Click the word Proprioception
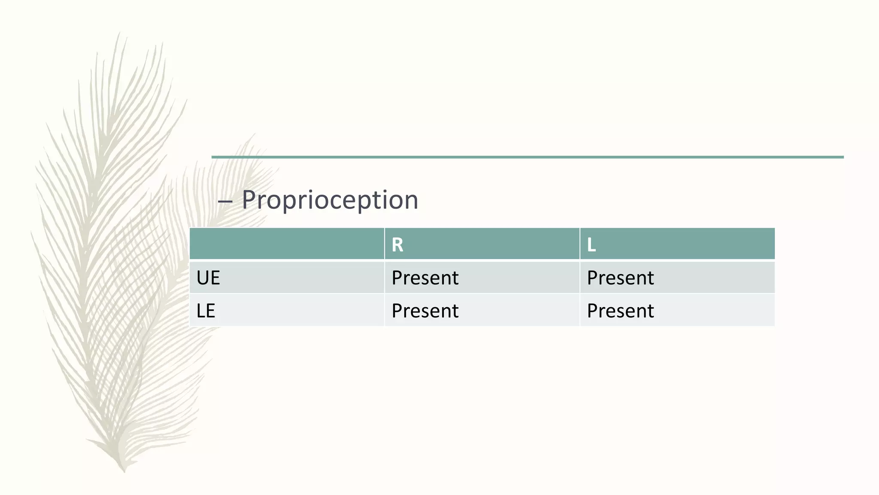[330, 200]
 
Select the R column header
[397, 245]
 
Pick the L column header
[591, 245]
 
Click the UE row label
[208, 278]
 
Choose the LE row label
[206, 311]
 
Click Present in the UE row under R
[425, 278]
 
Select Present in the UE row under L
[620, 278]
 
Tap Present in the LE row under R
[425, 311]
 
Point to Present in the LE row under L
[620, 311]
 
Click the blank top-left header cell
[287, 244]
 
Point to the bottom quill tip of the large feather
[124, 471]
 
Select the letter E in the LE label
[210, 311]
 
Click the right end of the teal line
[842, 157]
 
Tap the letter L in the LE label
[200, 311]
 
